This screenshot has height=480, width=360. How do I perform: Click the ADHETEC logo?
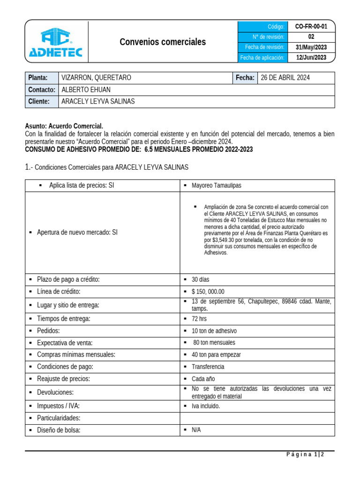(x=55, y=42)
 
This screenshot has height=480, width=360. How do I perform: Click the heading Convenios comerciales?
(x=163, y=42)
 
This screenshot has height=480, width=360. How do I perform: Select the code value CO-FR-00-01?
(x=311, y=27)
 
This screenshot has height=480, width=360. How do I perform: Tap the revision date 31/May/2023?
(x=311, y=47)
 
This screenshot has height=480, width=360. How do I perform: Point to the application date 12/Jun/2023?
(x=311, y=58)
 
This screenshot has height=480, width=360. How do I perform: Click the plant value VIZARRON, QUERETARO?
(x=96, y=78)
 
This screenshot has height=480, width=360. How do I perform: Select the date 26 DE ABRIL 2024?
(x=285, y=78)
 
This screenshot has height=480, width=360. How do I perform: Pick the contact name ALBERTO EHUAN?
(x=86, y=90)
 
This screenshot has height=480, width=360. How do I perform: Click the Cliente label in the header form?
(x=39, y=102)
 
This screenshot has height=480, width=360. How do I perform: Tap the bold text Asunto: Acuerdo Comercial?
(x=63, y=127)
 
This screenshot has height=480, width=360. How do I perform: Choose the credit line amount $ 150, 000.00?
(x=208, y=292)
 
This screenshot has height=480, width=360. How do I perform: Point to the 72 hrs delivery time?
(x=199, y=319)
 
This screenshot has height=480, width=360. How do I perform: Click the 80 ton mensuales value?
(x=214, y=343)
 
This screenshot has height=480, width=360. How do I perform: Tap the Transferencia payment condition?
(x=208, y=367)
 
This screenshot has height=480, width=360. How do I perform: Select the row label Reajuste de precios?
(x=63, y=379)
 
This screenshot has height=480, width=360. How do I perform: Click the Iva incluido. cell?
(x=206, y=406)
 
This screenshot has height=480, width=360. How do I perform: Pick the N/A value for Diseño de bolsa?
(x=196, y=430)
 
